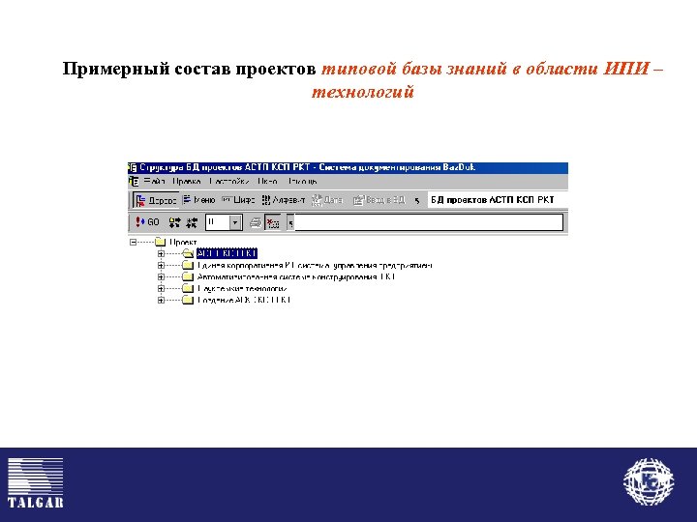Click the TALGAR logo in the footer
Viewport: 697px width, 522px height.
click(36, 482)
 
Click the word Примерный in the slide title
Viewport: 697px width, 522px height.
click(106, 70)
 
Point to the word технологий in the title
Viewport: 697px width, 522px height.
click(363, 93)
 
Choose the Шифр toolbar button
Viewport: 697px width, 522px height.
click(238, 200)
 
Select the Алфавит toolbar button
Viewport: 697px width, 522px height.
click(283, 200)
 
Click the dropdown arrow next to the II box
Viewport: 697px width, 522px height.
click(234, 222)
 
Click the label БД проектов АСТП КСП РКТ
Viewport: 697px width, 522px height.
click(493, 200)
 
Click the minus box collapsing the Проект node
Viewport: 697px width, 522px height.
click(133, 243)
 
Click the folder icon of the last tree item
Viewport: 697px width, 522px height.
click(188, 300)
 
